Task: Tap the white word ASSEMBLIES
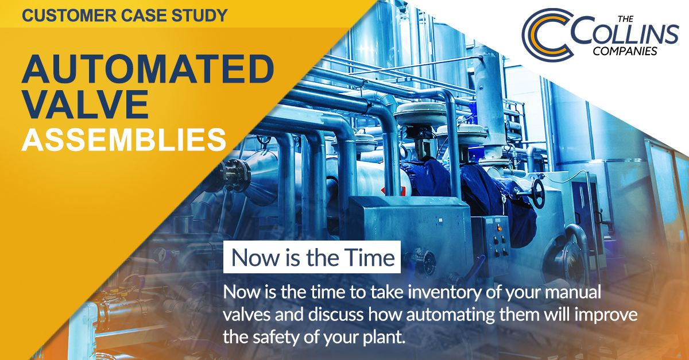tap(123, 140)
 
